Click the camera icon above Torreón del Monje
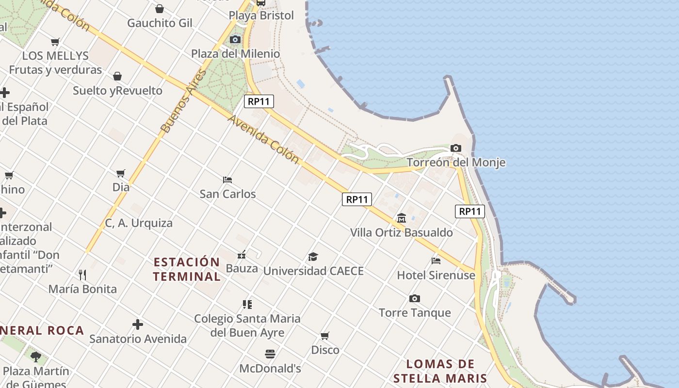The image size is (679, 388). click(455, 148)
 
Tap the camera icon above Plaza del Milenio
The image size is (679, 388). click(235, 39)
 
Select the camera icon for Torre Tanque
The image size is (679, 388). click(414, 298)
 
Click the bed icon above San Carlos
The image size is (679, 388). click(227, 180)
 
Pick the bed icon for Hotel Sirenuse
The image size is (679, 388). click(436, 261)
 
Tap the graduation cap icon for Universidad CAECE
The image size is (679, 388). click(313, 257)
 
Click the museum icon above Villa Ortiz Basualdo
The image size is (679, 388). click(402, 218)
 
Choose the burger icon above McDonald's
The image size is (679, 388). click(270, 354)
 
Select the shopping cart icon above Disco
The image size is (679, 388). click(325, 336)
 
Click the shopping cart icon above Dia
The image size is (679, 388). click(121, 173)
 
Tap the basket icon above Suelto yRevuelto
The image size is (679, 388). click(117, 76)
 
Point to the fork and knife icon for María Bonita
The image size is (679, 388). click(82, 275)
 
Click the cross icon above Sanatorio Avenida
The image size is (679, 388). click(138, 324)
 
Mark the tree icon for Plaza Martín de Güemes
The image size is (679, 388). click(35, 357)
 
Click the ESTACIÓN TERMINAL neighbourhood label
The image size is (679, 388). click(187, 269)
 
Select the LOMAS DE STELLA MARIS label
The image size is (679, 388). click(440, 371)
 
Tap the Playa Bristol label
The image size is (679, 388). click(261, 16)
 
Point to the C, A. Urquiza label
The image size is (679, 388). click(139, 223)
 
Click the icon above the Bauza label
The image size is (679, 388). click(242, 254)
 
